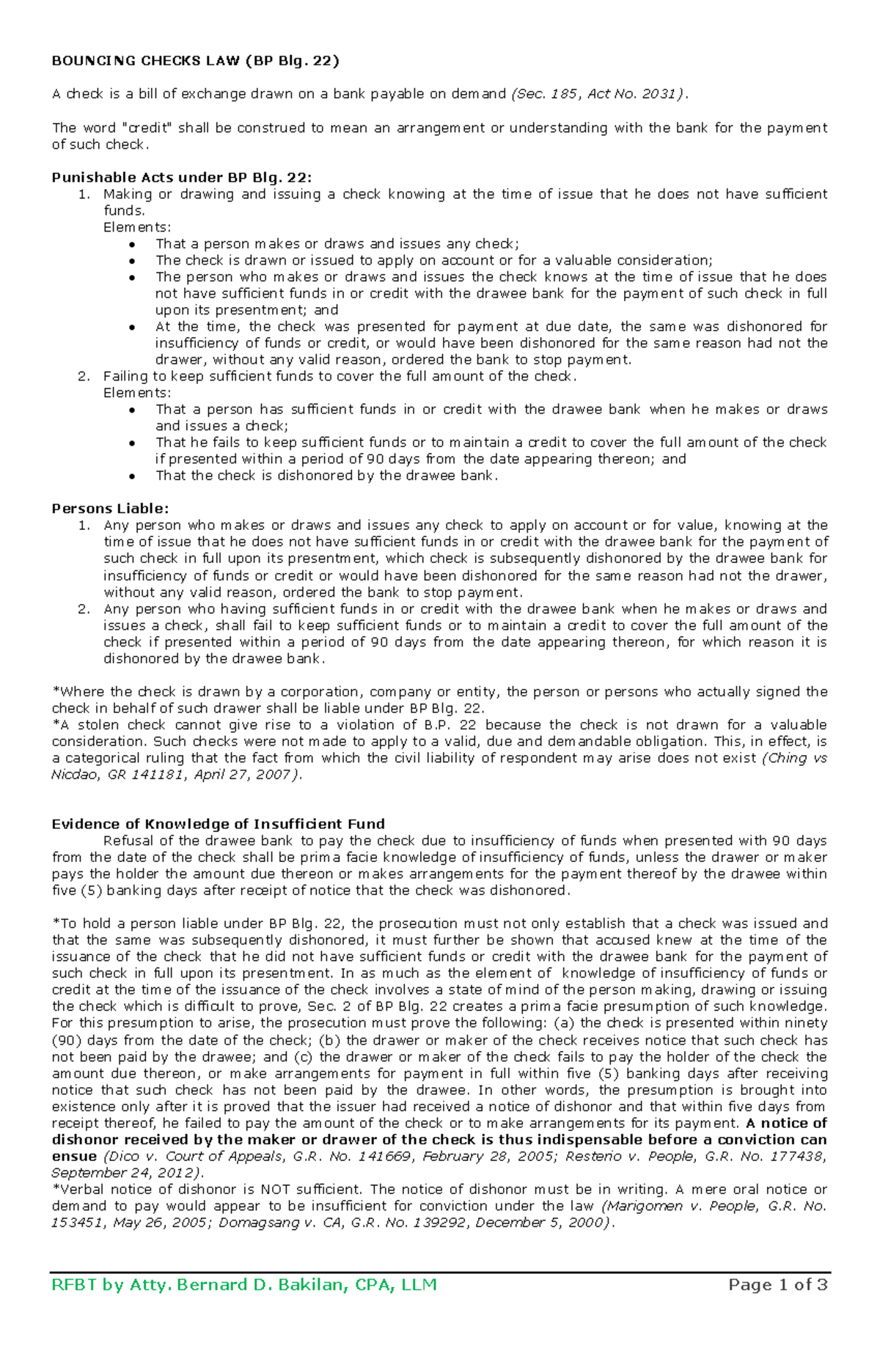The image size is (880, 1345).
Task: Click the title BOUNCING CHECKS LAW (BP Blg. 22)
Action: (x=195, y=61)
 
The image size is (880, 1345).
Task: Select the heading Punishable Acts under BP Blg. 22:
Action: (x=181, y=177)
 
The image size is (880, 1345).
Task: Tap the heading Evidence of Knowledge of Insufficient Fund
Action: (x=218, y=824)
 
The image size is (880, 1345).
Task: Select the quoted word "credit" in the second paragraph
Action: (x=146, y=128)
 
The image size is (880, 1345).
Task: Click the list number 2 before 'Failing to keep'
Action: (x=84, y=377)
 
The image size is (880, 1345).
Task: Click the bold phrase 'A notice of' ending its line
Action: (x=785, y=1124)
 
